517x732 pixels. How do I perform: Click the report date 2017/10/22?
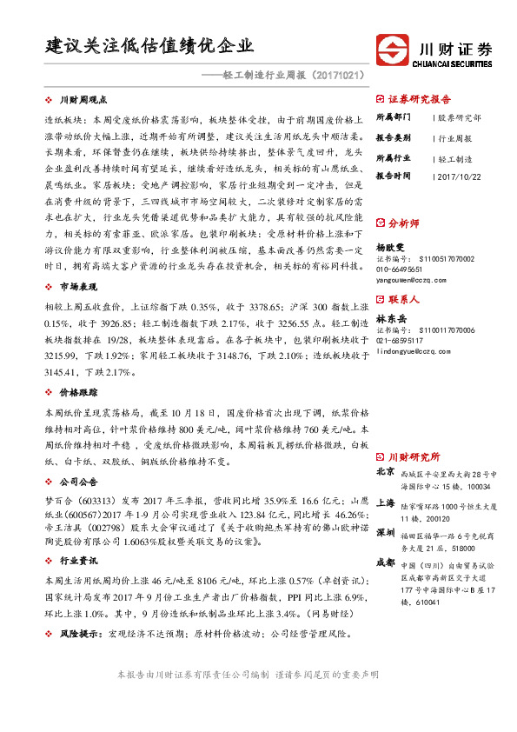click(x=459, y=177)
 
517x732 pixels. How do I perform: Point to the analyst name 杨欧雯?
click(x=391, y=246)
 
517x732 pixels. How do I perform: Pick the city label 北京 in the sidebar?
click(x=386, y=471)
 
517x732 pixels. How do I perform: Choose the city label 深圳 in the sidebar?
click(x=386, y=533)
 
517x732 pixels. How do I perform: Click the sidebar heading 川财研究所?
click(x=414, y=456)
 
